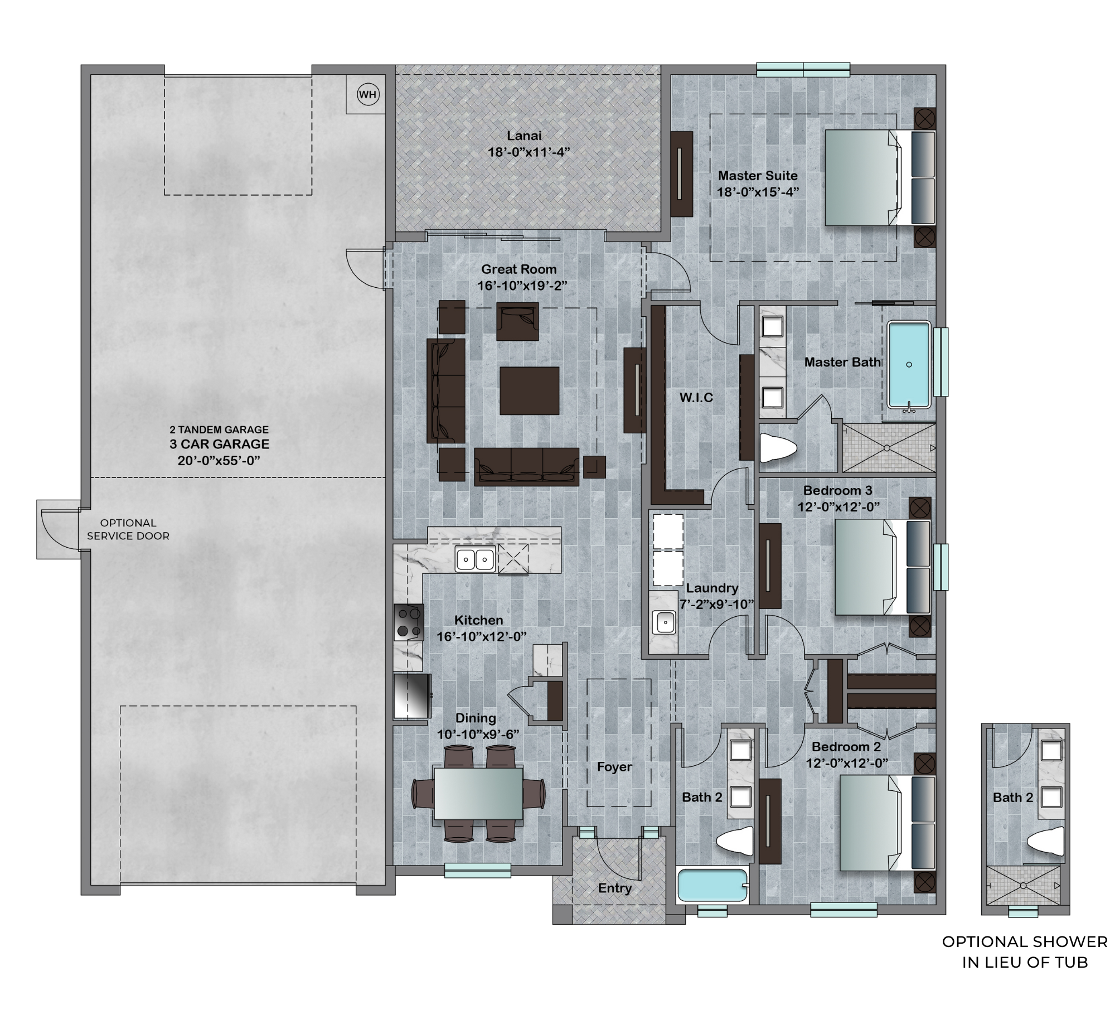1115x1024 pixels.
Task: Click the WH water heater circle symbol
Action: coord(367,94)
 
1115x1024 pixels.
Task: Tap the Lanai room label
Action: coord(524,136)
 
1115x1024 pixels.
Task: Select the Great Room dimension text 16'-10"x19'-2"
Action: coord(522,286)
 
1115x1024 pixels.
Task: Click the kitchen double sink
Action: coord(475,558)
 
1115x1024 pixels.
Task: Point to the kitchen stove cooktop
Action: coord(409,622)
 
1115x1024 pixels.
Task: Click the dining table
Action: coord(478,793)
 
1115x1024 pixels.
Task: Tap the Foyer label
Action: coord(614,767)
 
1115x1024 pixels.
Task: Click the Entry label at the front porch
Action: coord(614,888)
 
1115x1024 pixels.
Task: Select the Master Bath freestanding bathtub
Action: coord(909,365)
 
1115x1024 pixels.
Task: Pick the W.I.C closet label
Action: coord(696,398)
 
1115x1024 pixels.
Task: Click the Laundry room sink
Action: coord(664,622)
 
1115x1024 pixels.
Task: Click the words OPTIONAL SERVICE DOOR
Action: coord(128,529)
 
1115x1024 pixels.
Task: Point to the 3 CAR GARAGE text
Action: coord(219,444)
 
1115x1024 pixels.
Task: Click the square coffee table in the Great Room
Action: coord(529,390)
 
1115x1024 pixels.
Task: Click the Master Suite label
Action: coord(757,175)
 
